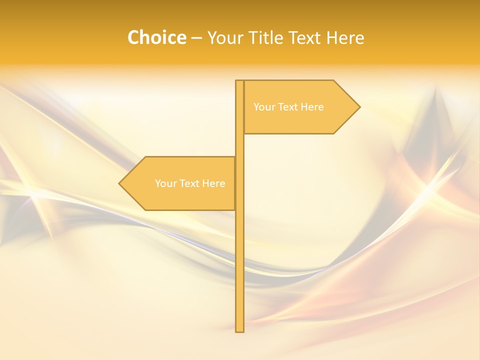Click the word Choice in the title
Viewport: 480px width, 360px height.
[156, 38]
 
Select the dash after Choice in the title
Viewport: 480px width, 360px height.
[196, 38]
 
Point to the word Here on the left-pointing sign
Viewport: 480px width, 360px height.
[213, 183]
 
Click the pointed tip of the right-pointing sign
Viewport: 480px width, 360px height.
[359, 106]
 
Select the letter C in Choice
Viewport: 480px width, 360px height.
[133, 38]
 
